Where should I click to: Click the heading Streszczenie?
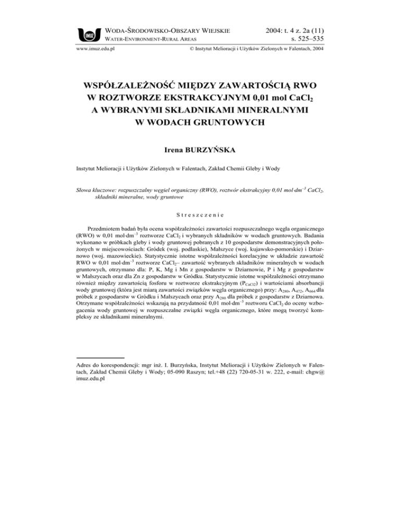[199, 214]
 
